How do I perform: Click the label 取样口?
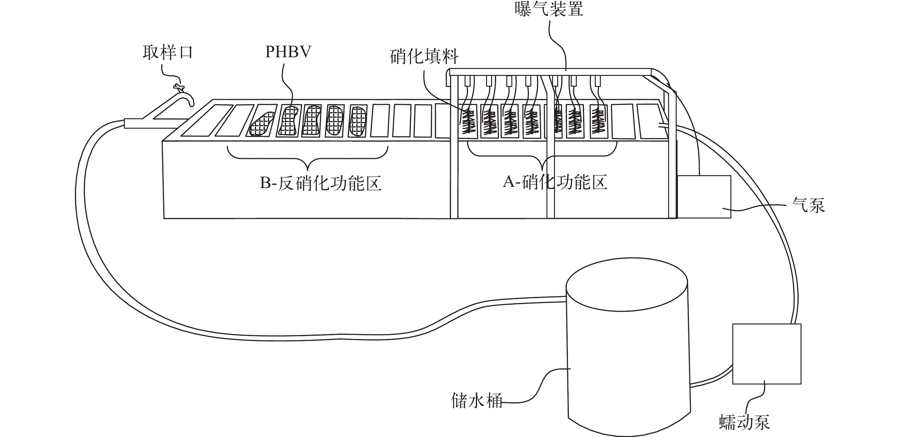[168, 53]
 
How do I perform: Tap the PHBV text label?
[288, 52]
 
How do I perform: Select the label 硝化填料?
[424, 57]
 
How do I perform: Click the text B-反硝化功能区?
[320, 183]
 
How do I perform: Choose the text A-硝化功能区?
[555, 182]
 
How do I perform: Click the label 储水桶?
[477, 401]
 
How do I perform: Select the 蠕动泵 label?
[744, 422]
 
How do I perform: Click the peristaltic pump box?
[766, 354]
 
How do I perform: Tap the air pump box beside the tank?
[704, 196]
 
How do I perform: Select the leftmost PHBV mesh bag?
[262, 124]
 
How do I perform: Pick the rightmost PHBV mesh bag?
[357, 121]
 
